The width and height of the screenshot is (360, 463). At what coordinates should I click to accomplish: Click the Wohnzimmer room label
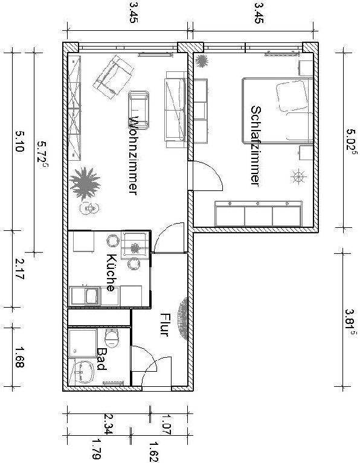click(x=133, y=155)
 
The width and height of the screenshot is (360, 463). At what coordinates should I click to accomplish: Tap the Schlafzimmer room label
click(x=256, y=146)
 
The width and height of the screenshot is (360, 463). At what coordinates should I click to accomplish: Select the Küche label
click(x=111, y=273)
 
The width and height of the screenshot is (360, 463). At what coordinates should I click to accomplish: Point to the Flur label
click(x=164, y=325)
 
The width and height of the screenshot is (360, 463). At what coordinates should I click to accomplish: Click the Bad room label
click(x=102, y=359)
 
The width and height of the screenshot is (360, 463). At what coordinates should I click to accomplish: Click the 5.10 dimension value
click(x=19, y=141)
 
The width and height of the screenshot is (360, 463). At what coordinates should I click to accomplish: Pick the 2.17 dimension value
click(x=19, y=269)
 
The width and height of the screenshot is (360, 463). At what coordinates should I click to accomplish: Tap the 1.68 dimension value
click(x=19, y=357)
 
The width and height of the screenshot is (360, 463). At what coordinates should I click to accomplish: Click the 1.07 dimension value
click(x=167, y=424)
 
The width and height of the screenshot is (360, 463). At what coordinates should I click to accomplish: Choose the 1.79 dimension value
click(x=97, y=449)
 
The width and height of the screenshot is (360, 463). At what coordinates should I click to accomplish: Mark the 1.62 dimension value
click(x=154, y=452)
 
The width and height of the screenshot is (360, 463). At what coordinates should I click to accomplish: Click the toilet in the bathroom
click(x=112, y=338)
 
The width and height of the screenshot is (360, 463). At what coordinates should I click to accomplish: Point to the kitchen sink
click(x=91, y=296)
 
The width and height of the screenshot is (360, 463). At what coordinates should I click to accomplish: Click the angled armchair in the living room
click(x=114, y=77)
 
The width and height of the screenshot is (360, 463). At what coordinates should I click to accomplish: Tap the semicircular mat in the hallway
click(x=183, y=319)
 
